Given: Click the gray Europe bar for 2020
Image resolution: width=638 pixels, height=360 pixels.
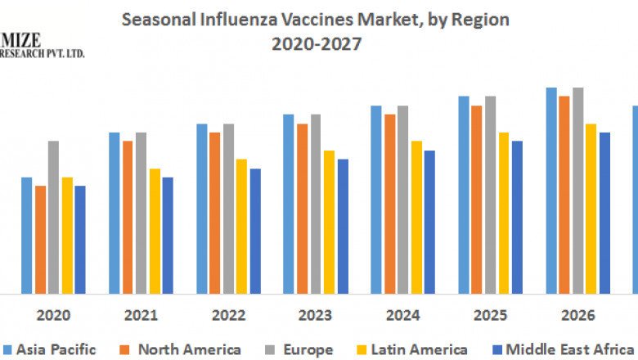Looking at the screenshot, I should [53, 217].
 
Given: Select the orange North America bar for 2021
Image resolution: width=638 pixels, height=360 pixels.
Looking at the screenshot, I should [128, 217].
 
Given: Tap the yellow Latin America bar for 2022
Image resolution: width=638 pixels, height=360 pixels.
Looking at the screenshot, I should [241, 226].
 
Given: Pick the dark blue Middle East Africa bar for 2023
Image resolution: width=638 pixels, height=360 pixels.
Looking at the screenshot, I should [343, 226].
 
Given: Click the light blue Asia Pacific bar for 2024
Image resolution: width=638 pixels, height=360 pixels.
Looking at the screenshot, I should [375, 200].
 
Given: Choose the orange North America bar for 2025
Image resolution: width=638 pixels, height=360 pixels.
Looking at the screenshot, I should [477, 200].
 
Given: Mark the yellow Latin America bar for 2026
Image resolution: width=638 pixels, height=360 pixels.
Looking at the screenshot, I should [591, 209].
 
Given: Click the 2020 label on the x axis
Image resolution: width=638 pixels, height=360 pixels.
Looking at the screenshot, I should [53, 315].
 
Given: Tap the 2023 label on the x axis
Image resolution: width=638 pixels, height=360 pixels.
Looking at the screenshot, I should [315, 315].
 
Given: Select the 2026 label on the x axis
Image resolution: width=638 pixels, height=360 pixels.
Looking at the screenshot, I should [577, 315].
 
